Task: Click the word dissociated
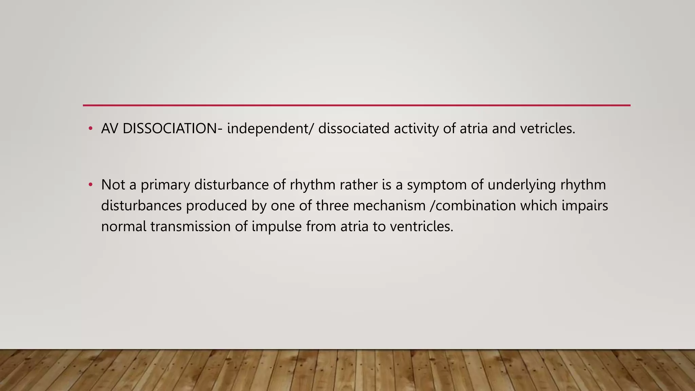(354, 129)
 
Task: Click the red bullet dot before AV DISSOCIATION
(90, 129)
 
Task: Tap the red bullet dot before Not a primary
(90, 185)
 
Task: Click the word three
(332, 206)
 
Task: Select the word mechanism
(389, 206)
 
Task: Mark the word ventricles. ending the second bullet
(421, 226)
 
